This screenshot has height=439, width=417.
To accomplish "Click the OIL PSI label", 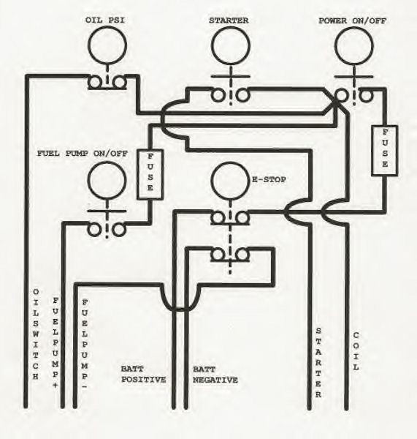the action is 105,20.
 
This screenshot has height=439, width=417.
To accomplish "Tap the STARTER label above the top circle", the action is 229,20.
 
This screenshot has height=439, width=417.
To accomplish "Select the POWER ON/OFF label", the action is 353,20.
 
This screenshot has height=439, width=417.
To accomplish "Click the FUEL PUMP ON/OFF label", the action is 83,154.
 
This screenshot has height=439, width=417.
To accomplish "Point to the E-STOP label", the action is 269,179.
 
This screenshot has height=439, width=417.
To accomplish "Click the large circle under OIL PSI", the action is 107,45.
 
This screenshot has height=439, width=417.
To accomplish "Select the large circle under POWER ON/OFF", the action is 354,46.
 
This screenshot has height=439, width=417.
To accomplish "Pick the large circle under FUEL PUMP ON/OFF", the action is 107,181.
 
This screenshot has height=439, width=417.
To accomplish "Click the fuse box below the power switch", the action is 385,151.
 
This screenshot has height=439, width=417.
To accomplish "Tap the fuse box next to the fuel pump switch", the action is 150,174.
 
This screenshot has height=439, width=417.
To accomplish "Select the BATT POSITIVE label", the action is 143,375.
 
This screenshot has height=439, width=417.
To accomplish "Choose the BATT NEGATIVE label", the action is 215,375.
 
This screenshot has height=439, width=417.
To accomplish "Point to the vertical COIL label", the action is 356,351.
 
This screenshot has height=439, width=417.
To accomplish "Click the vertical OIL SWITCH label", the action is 36,334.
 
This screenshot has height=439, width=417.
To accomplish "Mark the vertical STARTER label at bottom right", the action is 318,363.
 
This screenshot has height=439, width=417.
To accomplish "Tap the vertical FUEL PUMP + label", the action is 55,342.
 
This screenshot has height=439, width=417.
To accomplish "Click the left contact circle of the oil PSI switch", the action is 95,82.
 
